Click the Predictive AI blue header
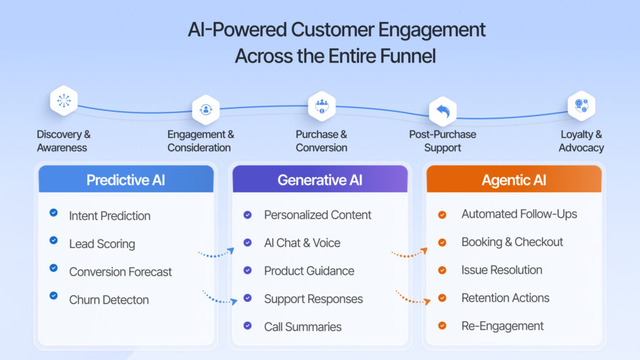click(x=126, y=180)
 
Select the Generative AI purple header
click(x=320, y=180)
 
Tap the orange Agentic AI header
click(x=514, y=180)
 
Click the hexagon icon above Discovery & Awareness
click(x=64, y=101)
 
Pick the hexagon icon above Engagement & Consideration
click(x=206, y=109)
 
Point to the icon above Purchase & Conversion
click(x=322, y=106)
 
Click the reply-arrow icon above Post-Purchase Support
click(x=442, y=111)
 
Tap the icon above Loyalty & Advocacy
click(x=581, y=106)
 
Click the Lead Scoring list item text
click(x=102, y=244)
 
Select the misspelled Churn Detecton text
click(x=109, y=300)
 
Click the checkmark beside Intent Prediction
click(x=54, y=213)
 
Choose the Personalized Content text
click(x=317, y=215)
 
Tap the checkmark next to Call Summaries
click(x=247, y=326)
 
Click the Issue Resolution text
click(x=501, y=270)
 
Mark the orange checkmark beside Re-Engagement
click(x=442, y=326)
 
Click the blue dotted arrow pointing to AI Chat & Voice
click(x=216, y=252)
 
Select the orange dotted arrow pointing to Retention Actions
click(x=413, y=297)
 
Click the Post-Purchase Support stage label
click(x=442, y=141)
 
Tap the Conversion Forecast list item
click(x=120, y=272)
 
